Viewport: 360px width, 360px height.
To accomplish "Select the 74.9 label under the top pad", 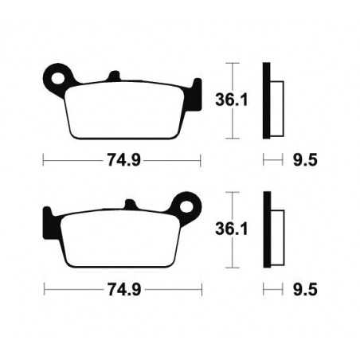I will tap(123, 158).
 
